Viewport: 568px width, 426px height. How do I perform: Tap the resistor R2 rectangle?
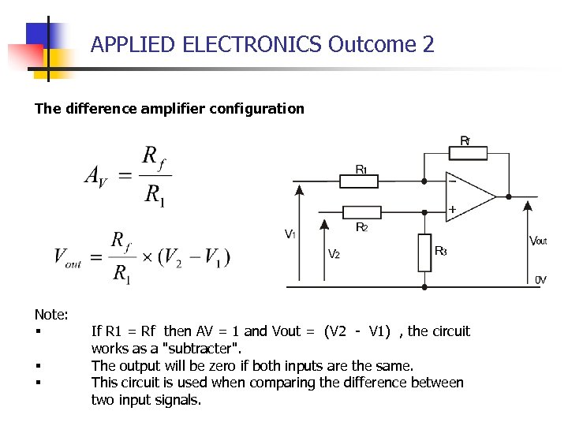click(363, 211)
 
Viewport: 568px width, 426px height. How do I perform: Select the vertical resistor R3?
click(425, 252)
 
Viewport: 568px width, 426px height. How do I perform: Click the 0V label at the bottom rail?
click(541, 279)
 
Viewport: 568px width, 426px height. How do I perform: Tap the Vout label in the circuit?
click(538, 240)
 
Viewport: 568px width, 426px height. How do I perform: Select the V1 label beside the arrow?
click(290, 234)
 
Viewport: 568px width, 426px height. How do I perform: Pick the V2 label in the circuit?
click(334, 254)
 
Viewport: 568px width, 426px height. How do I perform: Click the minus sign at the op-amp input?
click(452, 181)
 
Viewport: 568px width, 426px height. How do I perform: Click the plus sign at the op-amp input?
click(452, 210)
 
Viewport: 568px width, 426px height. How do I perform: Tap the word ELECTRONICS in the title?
click(252, 44)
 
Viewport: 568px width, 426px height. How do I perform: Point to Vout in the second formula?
click(68, 257)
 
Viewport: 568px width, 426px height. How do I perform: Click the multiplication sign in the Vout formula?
click(148, 257)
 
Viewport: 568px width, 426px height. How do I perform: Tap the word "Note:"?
click(51, 314)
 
